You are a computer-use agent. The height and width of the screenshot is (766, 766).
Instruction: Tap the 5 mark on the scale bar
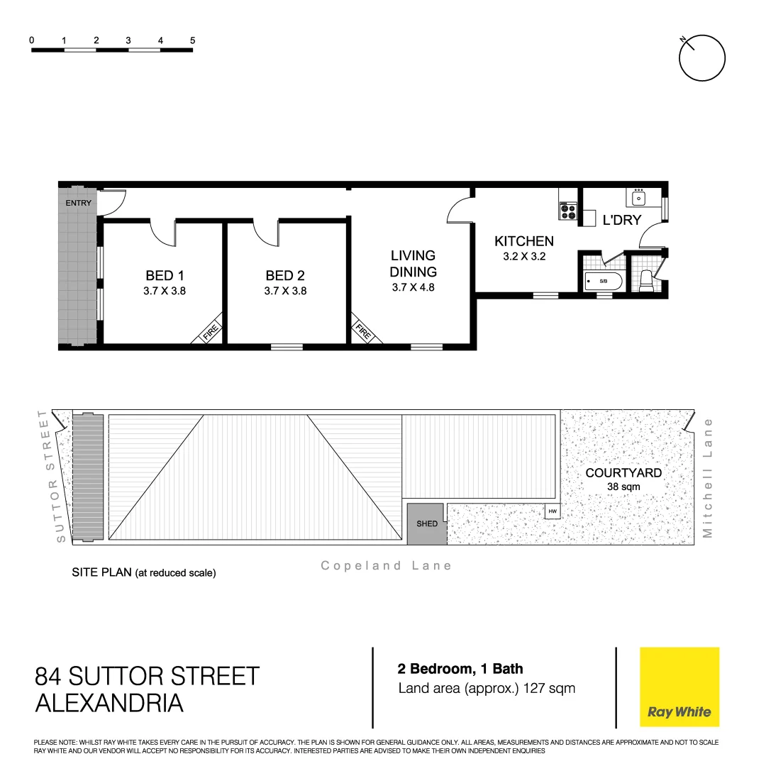[x=193, y=40]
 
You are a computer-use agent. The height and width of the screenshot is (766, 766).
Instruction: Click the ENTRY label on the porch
[x=78, y=204]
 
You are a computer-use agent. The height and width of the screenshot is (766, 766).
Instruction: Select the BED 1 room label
[x=164, y=275]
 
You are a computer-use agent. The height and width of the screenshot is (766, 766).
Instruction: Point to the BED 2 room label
[x=284, y=275]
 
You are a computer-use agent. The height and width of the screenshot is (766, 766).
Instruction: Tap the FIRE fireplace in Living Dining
[x=362, y=332]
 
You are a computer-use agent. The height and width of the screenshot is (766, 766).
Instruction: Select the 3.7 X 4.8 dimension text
[x=413, y=288]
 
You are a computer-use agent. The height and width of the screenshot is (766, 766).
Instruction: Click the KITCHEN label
[x=523, y=241]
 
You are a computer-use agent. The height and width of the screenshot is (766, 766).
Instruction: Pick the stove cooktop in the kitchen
[x=568, y=211]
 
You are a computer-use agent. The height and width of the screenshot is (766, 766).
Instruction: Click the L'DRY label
[x=621, y=220]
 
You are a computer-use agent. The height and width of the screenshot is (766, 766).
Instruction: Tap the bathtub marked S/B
[x=603, y=282]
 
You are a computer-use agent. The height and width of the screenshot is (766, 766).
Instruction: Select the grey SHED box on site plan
[x=426, y=524]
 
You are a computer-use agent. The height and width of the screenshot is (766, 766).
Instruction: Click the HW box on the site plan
[x=552, y=511]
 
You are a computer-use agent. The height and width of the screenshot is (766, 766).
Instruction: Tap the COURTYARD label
[x=623, y=473]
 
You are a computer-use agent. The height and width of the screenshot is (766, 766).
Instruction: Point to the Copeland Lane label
[x=386, y=565]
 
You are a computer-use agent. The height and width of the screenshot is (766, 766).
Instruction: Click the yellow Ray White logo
[x=679, y=687]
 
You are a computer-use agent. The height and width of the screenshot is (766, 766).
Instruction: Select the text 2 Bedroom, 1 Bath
[x=460, y=669]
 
